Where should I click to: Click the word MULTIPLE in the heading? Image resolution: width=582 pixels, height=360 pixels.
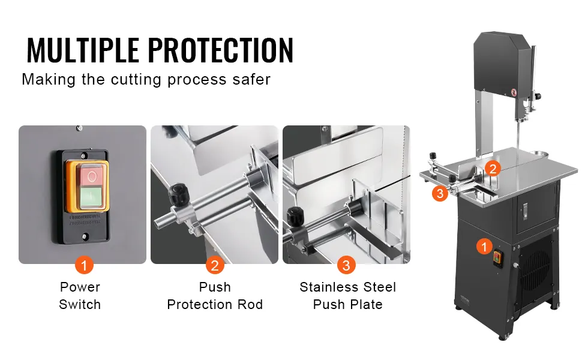coord(83,50)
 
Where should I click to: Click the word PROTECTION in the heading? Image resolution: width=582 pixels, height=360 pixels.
coord(221,50)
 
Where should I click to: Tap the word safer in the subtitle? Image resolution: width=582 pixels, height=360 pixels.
coord(251,79)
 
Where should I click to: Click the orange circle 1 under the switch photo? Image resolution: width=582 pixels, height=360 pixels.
coord(84,265)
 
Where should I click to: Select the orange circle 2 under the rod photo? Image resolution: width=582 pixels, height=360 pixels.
coord(215,265)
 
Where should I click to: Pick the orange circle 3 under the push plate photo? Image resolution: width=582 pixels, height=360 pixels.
coord(346,265)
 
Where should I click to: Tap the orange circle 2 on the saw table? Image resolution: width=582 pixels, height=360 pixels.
coord(493,169)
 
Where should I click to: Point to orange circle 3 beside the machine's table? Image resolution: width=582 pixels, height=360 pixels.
coord(440,193)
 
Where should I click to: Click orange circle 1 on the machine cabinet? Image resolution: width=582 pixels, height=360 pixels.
coord(484,247)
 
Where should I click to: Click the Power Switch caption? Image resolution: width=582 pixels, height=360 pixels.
coord(80,296)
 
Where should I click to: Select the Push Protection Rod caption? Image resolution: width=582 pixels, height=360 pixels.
coord(215,296)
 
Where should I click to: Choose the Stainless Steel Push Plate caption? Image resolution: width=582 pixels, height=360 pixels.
coord(348,296)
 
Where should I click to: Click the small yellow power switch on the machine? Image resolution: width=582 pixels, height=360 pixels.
coord(497,259)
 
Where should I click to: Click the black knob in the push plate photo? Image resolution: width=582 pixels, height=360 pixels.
coord(295,215)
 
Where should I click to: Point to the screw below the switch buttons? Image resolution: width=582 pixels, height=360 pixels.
coord(85,236)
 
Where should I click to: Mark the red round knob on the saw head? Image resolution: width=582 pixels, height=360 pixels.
coord(514,92)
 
